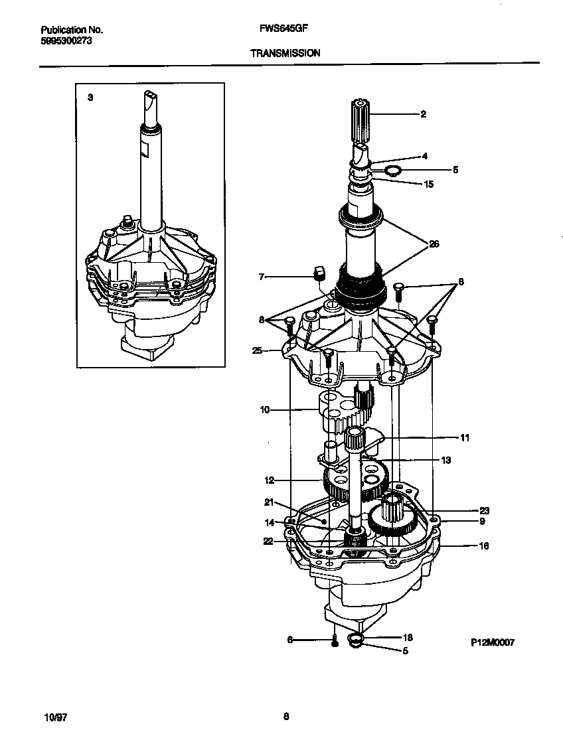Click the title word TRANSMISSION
(x=285, y=52)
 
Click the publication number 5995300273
(x=66, y=40)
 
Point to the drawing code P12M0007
(x=493, y=642)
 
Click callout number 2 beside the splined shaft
(x=423, y=114)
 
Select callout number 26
(x=434, y=244)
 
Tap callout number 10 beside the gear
(x=265, y=410)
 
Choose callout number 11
(x=464, y=437)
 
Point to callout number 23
(x=484, y=510)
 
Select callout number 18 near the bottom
(x=408, y=637)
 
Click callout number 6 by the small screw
(x=289, y=640)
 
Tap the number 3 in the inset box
(x=90, y=97)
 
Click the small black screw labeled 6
(x=335, y=641)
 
